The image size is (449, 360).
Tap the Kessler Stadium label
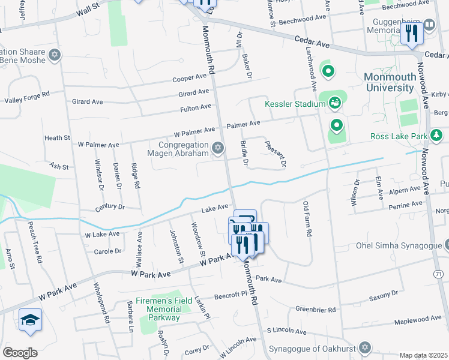point(295,104)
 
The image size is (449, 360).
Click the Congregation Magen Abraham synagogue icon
point(218,147)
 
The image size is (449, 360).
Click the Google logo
point(20,353)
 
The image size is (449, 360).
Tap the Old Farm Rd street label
point(308,219)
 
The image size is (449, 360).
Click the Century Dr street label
point(109,207)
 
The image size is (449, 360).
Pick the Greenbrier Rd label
point(313,309)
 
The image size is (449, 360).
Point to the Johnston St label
point(176,247)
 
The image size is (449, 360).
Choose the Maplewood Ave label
point(418,320)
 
